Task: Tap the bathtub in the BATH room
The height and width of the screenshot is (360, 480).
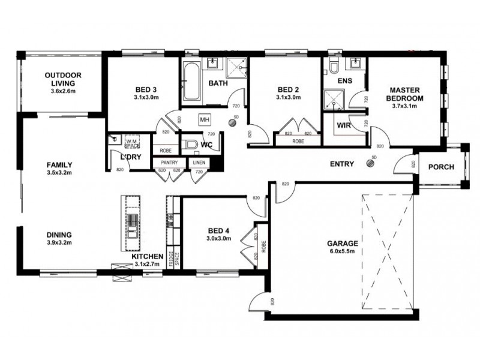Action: pyautogui.click(x=191, y=83)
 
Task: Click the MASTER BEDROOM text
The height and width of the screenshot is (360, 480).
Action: pyautogui.click(x=404, y=94)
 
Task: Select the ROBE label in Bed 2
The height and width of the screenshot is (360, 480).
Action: pyautogui.click(x=298, y=142)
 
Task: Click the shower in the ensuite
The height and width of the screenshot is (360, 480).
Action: pyautogui.click(x=331, y=100)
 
